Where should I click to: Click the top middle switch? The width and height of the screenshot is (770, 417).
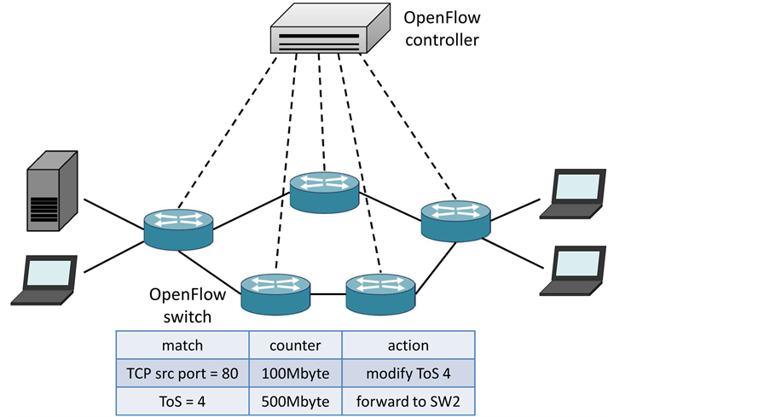pos(324,191)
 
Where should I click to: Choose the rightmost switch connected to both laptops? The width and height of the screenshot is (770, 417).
pos(456,220)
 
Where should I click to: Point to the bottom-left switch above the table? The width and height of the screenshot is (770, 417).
pos(275,292)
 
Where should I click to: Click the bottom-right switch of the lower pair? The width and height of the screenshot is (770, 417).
pos(380,292)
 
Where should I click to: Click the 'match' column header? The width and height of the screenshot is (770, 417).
pos(182,345)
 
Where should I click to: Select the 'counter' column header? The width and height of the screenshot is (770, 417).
pos(295,345)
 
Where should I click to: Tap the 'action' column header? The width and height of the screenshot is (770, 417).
pos(408,345)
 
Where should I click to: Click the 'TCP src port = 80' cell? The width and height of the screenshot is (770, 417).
pos(182,373)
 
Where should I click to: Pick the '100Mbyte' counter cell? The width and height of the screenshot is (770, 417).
pos(295,373)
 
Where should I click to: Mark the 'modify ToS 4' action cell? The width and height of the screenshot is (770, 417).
pos(408,373)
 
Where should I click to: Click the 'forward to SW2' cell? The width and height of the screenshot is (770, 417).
pos(408,401)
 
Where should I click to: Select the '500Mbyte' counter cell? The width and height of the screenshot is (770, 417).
pos(295,401)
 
